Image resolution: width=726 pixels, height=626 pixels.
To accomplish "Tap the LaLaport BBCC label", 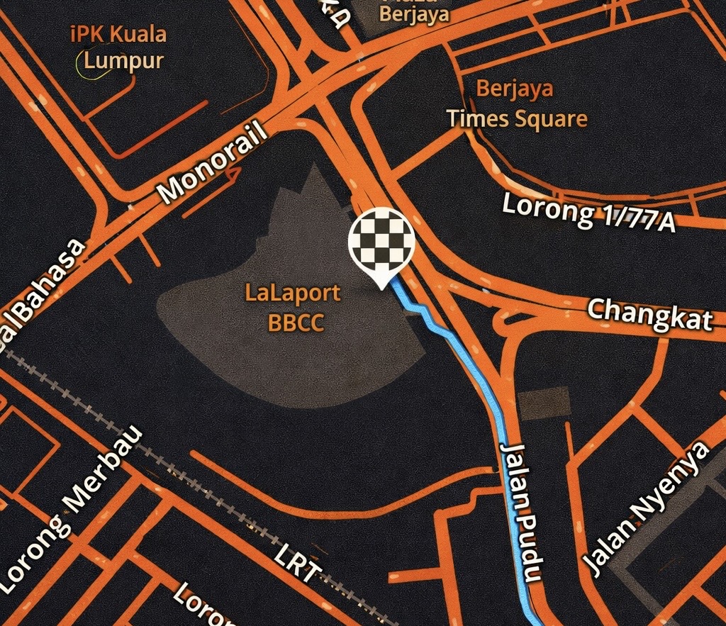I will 293,307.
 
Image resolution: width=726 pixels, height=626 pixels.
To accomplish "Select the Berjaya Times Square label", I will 516,104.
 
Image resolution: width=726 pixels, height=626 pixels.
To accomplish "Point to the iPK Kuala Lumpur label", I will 119,47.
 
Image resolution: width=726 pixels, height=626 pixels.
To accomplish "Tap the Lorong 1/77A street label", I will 588,211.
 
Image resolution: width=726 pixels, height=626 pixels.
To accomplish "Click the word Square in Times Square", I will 551,118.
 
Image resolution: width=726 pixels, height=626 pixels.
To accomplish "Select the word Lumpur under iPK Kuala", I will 123,60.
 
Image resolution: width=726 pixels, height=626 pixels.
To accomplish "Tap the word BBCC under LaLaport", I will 296,323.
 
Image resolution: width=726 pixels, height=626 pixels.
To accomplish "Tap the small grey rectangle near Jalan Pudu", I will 544,403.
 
